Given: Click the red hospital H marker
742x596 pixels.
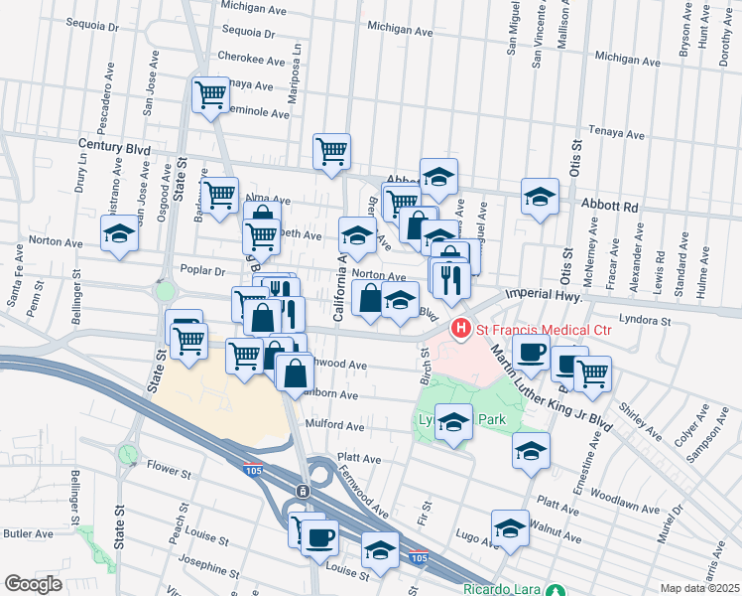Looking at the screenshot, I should [460, 327].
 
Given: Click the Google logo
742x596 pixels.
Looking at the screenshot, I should [33, 583].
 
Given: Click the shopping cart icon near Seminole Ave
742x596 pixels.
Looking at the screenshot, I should [211, 95].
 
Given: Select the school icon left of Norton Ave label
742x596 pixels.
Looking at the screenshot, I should [119, 233].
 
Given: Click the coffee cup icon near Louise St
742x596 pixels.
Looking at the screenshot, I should [318, 537].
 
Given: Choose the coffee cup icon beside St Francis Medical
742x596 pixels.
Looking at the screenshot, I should [532, 352].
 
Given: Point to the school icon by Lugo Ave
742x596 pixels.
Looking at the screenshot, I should [510, 526].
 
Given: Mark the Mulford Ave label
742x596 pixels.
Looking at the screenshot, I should [338, 425].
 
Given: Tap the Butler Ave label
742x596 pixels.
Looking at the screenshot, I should [29, 533].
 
